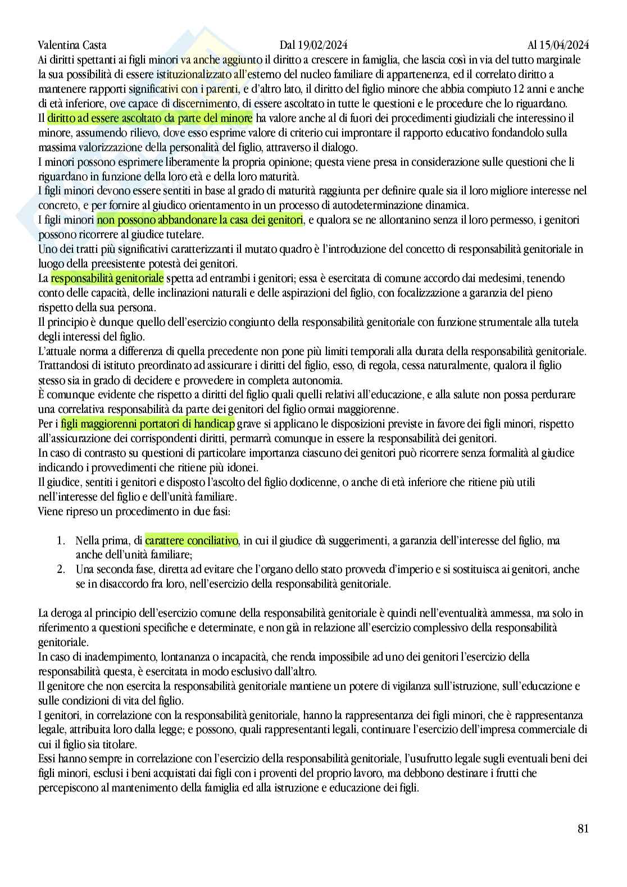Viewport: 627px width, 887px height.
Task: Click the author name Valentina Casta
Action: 72,45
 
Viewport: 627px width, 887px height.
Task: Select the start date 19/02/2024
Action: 326,45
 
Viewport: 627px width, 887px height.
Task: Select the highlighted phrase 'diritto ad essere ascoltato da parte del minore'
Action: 150,118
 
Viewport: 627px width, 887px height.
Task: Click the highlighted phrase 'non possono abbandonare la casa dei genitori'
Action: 200,220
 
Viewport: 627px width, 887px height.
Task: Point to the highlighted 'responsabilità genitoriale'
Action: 107,278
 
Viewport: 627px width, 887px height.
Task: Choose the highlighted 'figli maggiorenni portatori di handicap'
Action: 148,424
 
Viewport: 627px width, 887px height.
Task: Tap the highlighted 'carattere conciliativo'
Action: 192,540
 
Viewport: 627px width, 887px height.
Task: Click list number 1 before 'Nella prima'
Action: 61,540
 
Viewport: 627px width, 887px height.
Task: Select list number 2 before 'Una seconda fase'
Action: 61,570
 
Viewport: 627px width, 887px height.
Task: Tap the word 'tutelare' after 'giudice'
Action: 185,234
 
